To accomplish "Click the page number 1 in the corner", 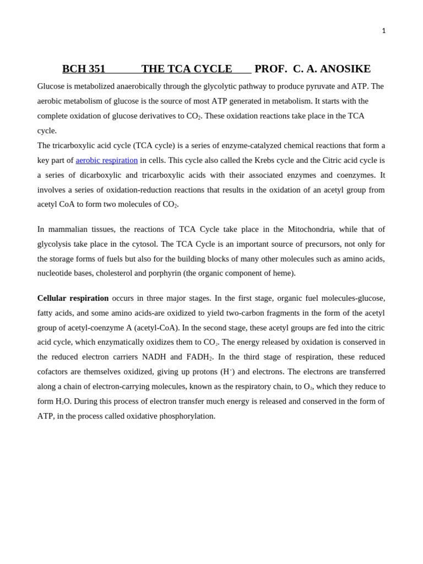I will coord(384,31).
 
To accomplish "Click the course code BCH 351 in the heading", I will coord(84,69).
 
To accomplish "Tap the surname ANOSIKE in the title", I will coord(345,69).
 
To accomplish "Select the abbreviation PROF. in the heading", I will coord(270,69).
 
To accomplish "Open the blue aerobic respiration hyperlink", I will coord(107,160).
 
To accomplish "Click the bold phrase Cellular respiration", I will coord(73,298).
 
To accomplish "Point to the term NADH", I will coord(154,357).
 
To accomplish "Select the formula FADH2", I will coord(199,357).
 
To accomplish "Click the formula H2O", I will coord(63,402).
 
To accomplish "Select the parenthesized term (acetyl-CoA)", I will coord(157,328).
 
